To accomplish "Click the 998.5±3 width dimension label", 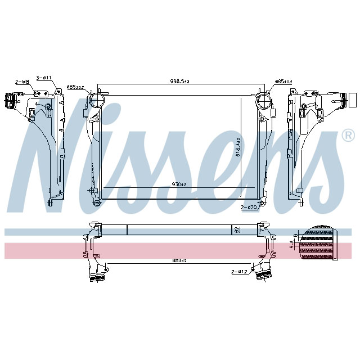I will tap(181, 82).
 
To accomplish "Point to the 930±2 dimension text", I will tap(179, 184).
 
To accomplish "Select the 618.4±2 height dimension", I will tap(238, 148).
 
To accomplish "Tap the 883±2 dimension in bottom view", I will tap(179, 259).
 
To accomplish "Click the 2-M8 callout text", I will tap(22, 82).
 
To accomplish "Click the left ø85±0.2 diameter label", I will tap(75, 87).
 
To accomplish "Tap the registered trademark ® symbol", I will tap(348, 136).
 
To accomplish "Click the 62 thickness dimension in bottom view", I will tap(237, 229).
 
